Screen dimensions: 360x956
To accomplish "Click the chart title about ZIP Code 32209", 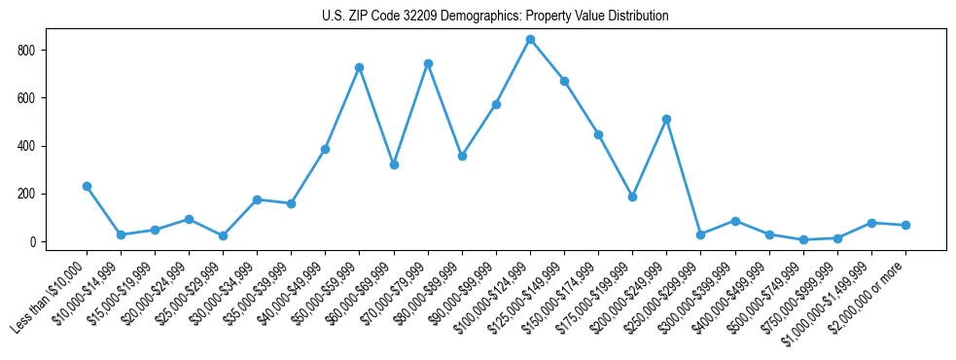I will (x=495, y=17).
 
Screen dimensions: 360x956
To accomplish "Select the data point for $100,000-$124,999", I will (x=530, y=40).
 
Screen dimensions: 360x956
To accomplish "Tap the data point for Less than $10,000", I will (x=87, y=186).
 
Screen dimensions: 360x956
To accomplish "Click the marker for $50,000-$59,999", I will (x=359, y=67).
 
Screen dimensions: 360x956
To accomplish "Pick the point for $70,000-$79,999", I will (x=428, y=63).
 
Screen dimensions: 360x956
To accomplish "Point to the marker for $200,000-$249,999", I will (x=666, y=119).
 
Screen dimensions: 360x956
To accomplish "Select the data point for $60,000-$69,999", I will (x=393, y=164).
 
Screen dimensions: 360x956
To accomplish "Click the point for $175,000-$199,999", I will (x=632, y=197).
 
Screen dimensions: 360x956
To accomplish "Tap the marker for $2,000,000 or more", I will (x=905, y=225).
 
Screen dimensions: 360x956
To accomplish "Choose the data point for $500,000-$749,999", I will (x=803, y=239).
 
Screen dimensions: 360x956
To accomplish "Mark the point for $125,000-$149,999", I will (x=564, y=81).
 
